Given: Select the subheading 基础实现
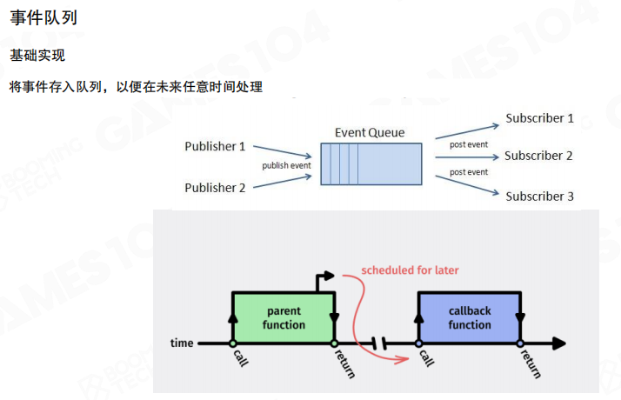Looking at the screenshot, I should pos(37,55).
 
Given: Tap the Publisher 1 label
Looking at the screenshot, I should pos(215,146).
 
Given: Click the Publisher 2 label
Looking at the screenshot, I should pos(215,187).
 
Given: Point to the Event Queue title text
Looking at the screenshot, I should pos(369,133).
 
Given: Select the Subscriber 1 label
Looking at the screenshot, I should pos(539,117).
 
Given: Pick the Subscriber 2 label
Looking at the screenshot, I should pos(538,156).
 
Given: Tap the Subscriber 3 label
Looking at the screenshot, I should pos(539,196).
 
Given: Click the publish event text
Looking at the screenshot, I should pos(286,165).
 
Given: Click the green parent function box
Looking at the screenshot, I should pos(284,317).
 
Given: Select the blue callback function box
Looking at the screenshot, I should pos(470,317).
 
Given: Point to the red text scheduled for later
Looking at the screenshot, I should pos(410,270).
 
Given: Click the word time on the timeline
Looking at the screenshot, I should pos(182,343).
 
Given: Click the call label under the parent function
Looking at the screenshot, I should pos(238,358).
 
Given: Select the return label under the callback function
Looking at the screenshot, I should pos(533,363).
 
